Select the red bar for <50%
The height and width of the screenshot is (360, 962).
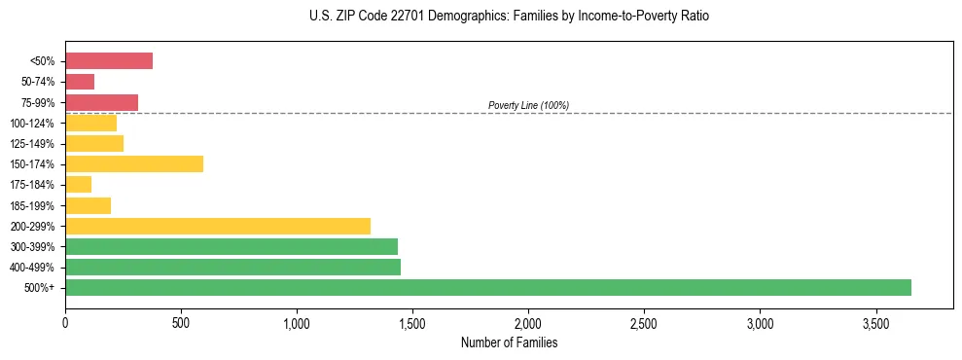coord(109,61)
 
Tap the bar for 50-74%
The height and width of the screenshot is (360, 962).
coord(80,82)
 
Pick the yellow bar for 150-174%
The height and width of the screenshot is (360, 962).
coord(134,163)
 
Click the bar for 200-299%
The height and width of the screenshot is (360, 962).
coord(218,226)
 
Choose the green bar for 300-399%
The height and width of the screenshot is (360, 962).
coord(232,246)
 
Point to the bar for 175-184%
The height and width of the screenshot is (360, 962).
coord(79,185)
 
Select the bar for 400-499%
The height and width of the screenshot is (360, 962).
coord(233,267)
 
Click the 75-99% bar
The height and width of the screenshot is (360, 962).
coord(102,102)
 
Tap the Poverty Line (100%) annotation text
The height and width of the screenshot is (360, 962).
coord(528,105)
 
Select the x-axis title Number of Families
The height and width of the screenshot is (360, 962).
coord(509,342)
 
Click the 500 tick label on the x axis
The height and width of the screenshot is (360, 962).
coord(181,323)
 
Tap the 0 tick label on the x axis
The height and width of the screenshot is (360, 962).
coord(65,323)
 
